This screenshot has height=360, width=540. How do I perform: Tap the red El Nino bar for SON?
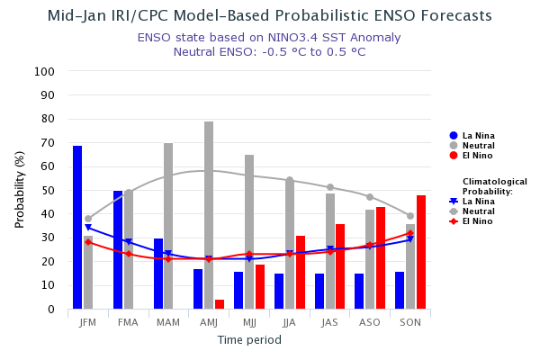(421, 252)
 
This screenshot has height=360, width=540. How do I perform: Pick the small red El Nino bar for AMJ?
(220, 304)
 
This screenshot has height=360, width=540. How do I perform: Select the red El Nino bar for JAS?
(340, 266)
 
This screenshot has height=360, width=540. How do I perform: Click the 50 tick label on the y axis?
(48, 191)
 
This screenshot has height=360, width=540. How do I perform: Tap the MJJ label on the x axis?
(249, 322)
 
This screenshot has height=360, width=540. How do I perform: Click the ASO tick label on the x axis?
(370, 322)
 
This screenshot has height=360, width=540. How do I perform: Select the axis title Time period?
(249, 340)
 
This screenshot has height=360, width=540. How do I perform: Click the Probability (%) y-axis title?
(20, 189)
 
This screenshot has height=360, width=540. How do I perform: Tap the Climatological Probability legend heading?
(494, 186)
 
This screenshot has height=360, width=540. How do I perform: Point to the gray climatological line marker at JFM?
(88, 219)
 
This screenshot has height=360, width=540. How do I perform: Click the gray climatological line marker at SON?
(410, 216)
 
